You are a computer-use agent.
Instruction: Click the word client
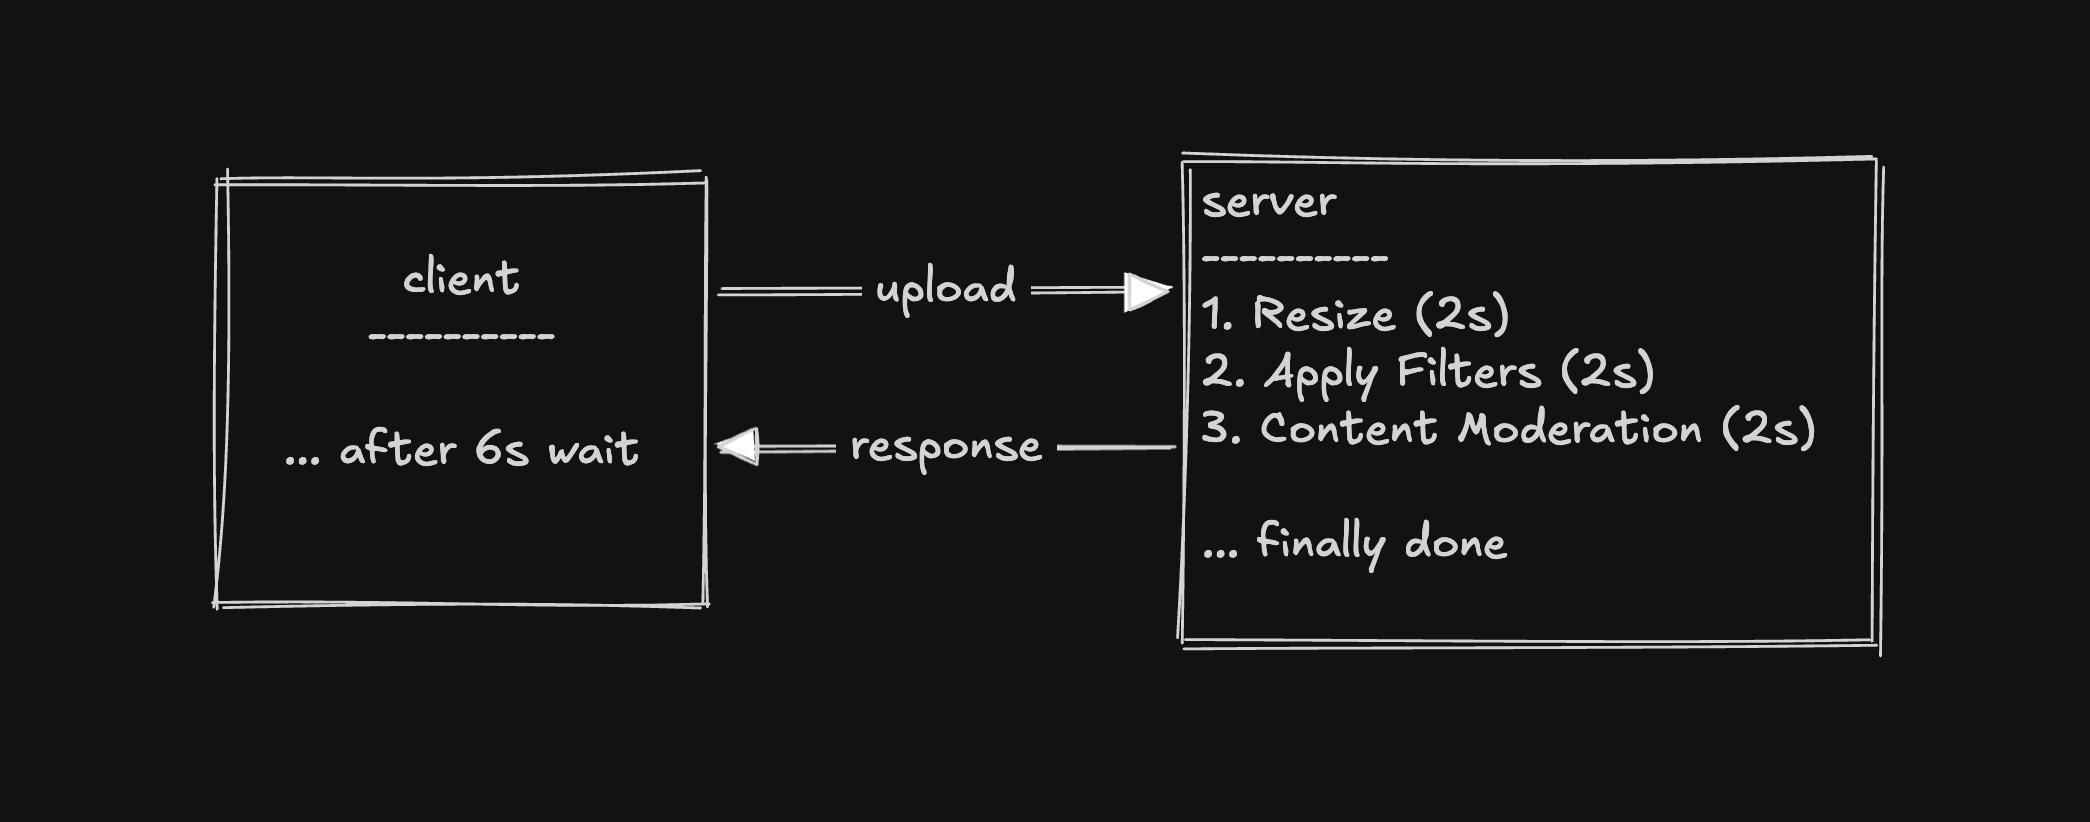pos(461,279)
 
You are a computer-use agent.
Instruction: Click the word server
pos(1268,203)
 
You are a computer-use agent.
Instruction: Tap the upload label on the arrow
pos(945,289)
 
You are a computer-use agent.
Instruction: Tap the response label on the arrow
pos(945,448)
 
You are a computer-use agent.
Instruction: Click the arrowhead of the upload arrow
pos(1146,292)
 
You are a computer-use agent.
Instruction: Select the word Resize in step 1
pos(1323,315)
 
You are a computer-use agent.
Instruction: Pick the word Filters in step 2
pos(1468,372)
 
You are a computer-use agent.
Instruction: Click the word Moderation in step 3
pos(1579,429)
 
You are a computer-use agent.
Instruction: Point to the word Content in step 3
pos(1348,429)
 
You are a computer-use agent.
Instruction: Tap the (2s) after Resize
pos(1461,315)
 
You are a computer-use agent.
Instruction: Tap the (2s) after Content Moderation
pos(1767,429)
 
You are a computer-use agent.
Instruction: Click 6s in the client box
pos(501,449)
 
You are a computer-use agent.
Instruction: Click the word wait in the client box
pos(593,449)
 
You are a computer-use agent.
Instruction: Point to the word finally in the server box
pos(1320,543)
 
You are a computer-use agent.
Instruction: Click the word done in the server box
pos(1455,543)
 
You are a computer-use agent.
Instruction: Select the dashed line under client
pos(461,337)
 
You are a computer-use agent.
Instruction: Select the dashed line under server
pos(1294,258)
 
